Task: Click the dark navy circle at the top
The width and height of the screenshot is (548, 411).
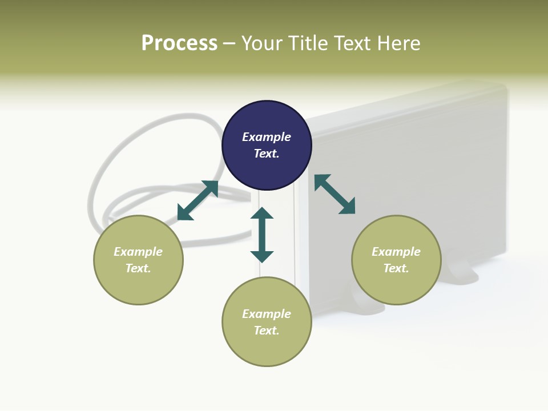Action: coord(267,146)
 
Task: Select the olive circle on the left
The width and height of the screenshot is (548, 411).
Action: coord(138,260)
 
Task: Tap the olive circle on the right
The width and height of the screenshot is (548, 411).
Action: coord(396,260)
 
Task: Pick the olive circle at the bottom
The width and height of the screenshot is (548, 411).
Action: coord(267,322)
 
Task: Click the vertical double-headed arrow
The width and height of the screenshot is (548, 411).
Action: coord(262,235)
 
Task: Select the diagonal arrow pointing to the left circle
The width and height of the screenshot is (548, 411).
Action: coord(198,200)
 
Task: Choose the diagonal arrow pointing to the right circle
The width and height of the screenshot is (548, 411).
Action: coord(335,195)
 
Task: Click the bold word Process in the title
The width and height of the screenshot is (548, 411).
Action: coord(179,43)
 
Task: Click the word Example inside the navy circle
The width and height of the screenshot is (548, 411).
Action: coord(267,137)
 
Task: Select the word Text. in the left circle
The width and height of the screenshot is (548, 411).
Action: coord(138,268)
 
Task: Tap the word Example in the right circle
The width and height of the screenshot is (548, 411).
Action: coord(396,252)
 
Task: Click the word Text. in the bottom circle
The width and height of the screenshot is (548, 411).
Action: coord(267,331)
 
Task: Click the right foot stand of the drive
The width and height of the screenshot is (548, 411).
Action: coord(464,272)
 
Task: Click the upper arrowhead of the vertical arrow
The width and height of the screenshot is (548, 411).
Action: coord(262,213)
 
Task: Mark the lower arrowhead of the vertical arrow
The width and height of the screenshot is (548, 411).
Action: coord(262,256)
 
